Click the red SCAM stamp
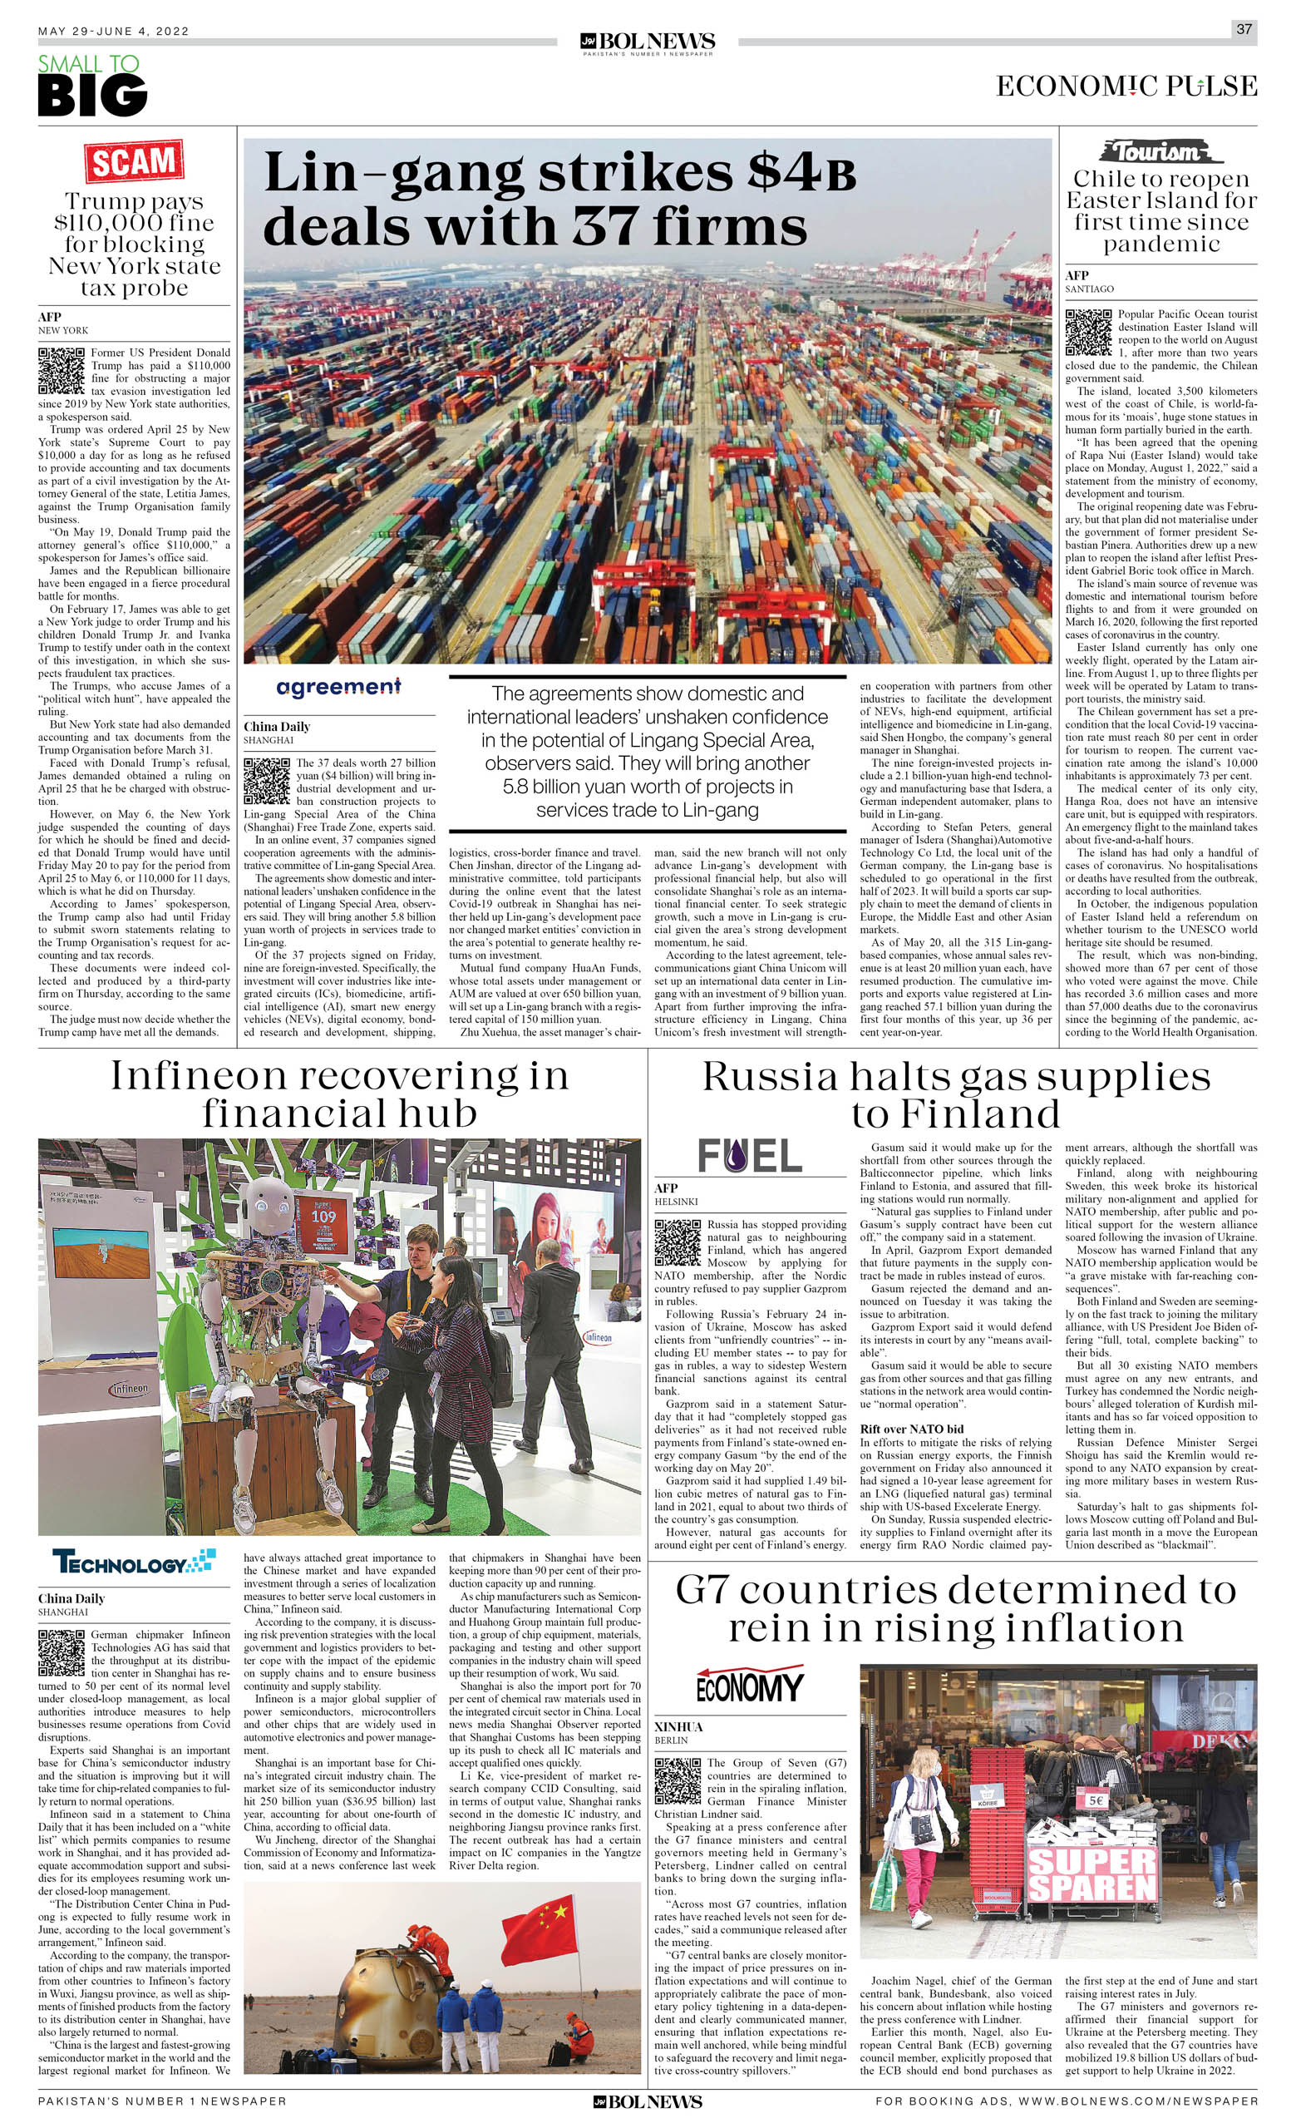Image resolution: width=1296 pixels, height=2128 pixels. click(134, 161)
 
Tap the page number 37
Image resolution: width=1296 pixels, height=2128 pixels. click(1244, 28)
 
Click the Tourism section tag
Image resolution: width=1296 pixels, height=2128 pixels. click(1160, 152)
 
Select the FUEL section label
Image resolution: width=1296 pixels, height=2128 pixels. click(750, 1156)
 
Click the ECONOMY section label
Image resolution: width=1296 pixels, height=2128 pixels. click(750, 1685)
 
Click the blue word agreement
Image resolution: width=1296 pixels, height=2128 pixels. click(338, 687)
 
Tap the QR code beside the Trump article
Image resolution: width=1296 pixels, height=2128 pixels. click(61, 371)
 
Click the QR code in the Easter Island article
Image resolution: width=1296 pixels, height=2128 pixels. click(1088, 333)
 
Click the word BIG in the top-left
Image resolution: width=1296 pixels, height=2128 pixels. click(92, 95)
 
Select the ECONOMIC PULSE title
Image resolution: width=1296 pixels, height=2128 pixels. click(1126, 86)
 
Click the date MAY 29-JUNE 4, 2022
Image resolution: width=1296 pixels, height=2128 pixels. click(113, 31)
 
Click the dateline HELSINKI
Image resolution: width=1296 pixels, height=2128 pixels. click(676, 1202)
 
